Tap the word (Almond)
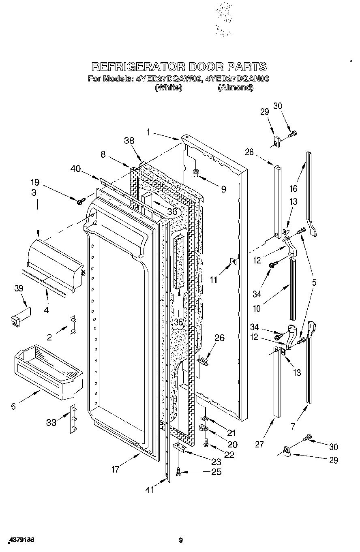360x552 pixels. point(235,88)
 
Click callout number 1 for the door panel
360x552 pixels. point(148,132)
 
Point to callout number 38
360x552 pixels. point(129,140)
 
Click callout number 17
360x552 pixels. point(116,469)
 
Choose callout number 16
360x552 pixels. point(294,188)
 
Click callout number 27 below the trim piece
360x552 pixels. point(259,444)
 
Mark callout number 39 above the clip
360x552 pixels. point(18,288)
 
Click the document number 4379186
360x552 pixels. point(20,540)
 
